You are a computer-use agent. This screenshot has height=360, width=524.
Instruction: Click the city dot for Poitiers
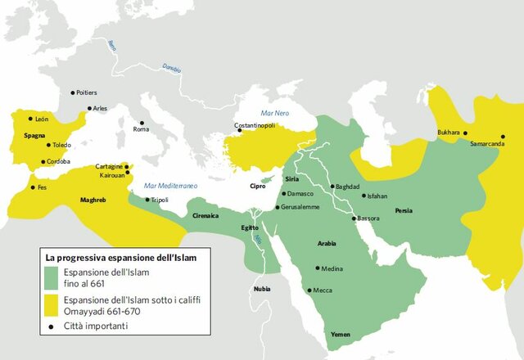tap(72, 92)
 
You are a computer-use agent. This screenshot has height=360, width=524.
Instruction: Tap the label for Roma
tap(142, 129)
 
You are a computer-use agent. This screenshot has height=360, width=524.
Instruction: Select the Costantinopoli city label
tap(255, 125)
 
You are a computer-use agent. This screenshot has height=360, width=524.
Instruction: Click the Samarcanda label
tap(488, 142)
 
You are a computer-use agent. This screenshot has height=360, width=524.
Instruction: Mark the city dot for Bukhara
tap(465, 133)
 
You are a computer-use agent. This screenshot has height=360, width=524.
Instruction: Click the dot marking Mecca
tap(309, 290)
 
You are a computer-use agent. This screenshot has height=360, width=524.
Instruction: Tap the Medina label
tap(332, 268)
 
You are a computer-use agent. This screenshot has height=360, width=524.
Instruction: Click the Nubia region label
tap(261, 288)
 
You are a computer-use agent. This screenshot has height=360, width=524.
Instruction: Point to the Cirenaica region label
tap(206, 215)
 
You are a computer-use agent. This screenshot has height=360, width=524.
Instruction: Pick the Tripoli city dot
tap(147, 200)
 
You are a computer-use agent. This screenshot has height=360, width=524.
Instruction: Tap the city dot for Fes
tap(33, 187)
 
